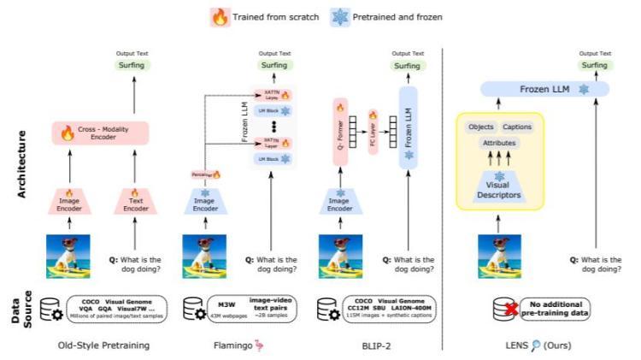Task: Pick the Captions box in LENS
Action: pyautogui.click(x=519, y=127)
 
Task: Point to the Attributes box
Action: pyautogui.click(x=500, y=144)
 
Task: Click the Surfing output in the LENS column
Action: pyautogui.click(x=589, y=65)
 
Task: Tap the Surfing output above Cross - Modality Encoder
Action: pyautogui.click(x=131, y=65)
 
